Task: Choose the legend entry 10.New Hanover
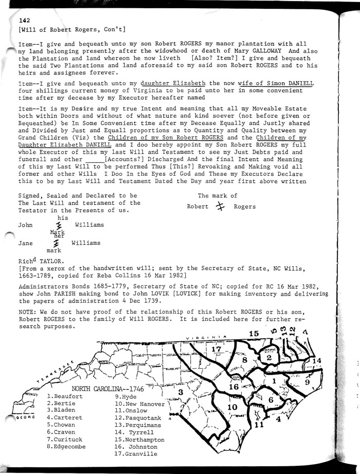(139, 404)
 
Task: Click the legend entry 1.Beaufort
(64, 396)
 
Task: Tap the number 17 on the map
(217, 350)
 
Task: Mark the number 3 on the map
(181, 393)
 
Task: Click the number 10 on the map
(232, 408)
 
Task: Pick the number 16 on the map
(233, 387)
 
